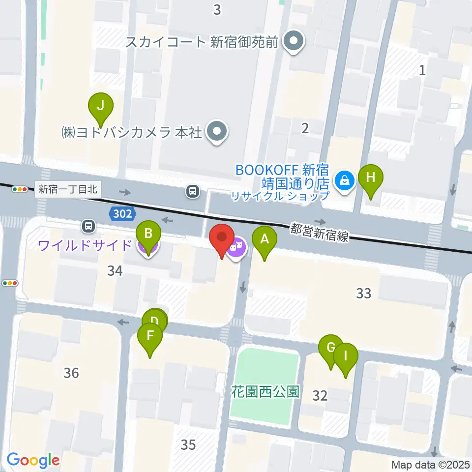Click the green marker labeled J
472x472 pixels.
(x=101, y=105)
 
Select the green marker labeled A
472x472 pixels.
(x=265, y=240)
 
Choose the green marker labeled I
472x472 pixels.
(x=345, y=355)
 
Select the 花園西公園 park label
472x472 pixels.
(x=265, y=392)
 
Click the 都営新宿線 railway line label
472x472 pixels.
(x=319, y=232)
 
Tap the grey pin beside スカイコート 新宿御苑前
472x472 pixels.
(x=295, y=41)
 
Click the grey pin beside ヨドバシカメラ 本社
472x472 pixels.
(x=216, y=132)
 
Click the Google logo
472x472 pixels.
(x=33, y=460)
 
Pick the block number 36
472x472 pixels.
(x=71, y=373)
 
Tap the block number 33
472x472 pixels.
(x=363, y=293)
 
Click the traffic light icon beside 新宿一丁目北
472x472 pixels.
(x=20, y=189)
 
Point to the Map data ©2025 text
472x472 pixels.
(x=431, y=464)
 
